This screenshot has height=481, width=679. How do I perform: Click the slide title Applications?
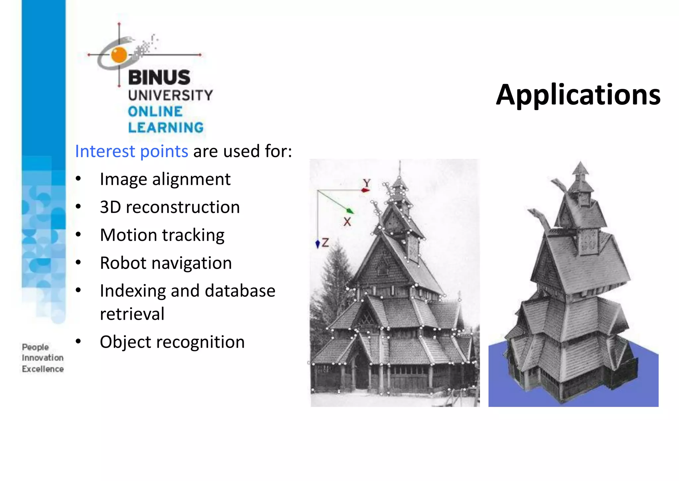point(578,95)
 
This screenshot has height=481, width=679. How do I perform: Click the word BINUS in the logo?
point(159,78)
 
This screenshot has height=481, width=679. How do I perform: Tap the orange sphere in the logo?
point(119,55)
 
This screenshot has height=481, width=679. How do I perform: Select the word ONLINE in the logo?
point(155,111)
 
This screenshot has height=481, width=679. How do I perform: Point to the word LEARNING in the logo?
point(166,128)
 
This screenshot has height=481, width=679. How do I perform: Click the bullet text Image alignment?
point(165,179)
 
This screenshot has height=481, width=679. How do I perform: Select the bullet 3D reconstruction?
point(170,207)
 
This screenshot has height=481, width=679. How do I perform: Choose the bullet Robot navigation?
point(166,263)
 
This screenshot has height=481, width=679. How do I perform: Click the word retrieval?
point(132,314)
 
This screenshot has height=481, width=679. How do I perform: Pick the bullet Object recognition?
point(172,342)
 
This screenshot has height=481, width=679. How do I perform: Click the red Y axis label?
point(367,183)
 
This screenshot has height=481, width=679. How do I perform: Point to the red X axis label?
point(347,222)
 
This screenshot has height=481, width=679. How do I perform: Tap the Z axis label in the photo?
point(325,242)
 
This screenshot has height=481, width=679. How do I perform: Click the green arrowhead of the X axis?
point(350,211)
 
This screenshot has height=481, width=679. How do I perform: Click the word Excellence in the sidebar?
point(43,369)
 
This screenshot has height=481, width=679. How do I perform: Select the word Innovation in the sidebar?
point(43,358)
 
